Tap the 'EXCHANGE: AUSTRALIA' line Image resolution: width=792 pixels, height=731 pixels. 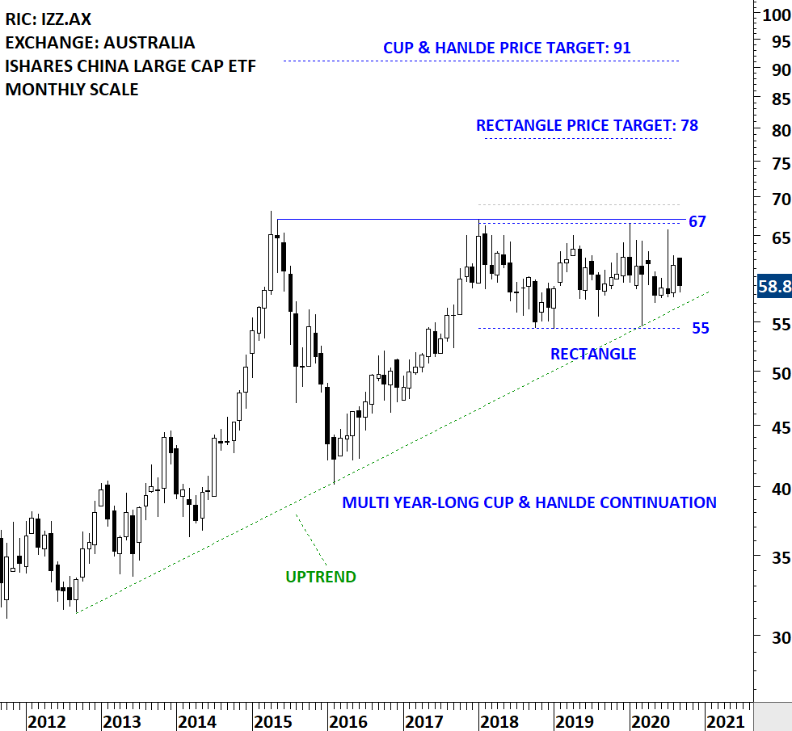pyautogui.click(x=100, y=42)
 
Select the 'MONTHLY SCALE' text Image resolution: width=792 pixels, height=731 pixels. pyautogui.click(x=72, y=90)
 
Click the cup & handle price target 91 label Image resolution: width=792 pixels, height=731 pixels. pyautogui.click(x=507, y=48)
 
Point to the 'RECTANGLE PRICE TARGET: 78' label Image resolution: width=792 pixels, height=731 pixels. pyautogui.click(x=587, y=126)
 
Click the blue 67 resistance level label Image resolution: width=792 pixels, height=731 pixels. pyautogui.click(x=697, y=222)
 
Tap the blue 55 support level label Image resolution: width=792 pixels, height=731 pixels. pyautogui.click(x=700, y=328)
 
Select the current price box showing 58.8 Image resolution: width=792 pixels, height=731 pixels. pyautogui.click(x=773, y=287)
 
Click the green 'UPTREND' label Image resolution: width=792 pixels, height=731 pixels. pyautogui.click(x=321, y=577)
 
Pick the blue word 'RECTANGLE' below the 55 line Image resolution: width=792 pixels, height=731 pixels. pyautogui.click(x=593, y=354)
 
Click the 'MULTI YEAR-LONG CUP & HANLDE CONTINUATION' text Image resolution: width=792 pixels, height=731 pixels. pyautogui.click(x=529, y=502)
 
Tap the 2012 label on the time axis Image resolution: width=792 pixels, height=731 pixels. pyautogui.click(x=46, y=720)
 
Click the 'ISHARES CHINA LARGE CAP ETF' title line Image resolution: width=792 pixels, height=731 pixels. pyautogui.click(x=131, y=66)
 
